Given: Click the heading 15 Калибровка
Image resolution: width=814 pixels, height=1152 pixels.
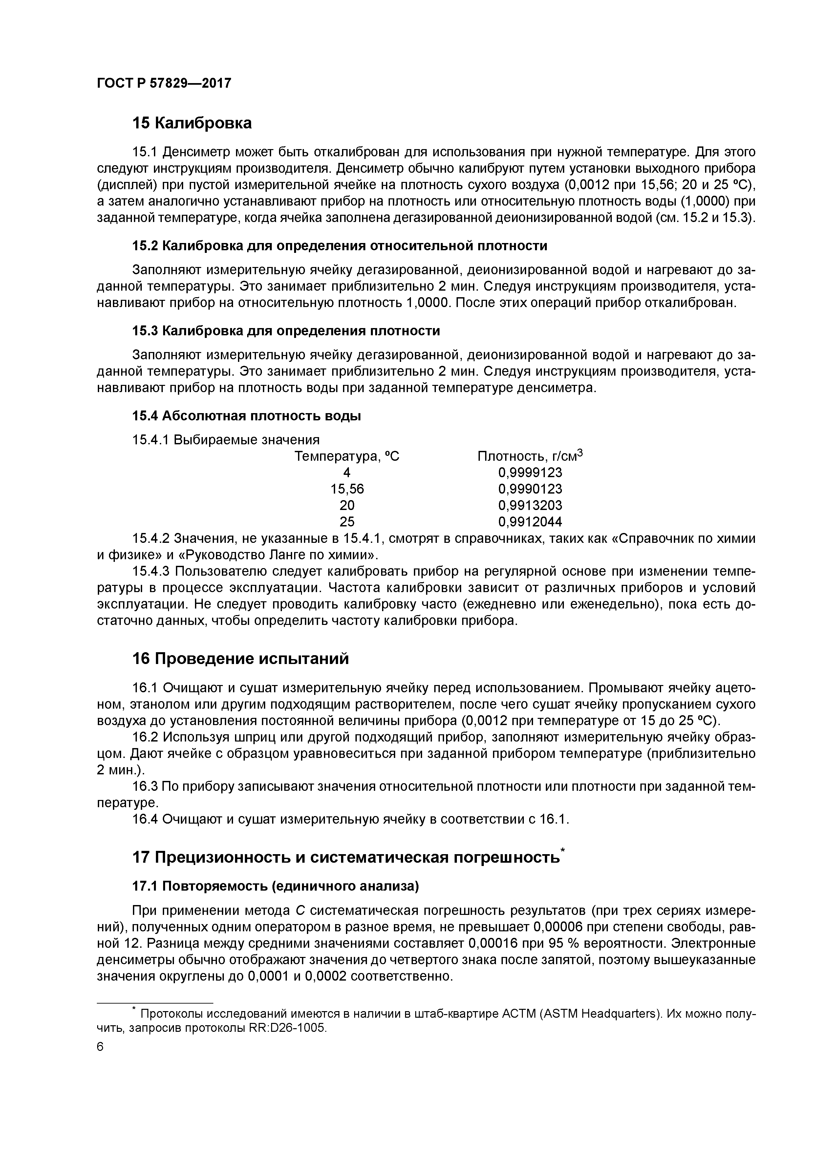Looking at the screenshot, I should [x=192, y=123].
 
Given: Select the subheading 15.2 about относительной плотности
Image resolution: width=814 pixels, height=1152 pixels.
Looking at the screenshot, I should [x=339, y=246].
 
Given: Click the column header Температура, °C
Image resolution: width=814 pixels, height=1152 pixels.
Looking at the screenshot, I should [x=347, y=456].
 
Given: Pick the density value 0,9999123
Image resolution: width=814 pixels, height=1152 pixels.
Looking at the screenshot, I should [x=530, y=473].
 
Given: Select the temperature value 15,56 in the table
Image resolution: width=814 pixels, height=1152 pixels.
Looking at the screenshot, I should [x=347, y=489].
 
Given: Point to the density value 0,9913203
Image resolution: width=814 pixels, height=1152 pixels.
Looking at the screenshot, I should [x=530, y=505].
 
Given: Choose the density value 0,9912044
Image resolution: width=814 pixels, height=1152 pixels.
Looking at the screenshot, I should [x=530, y=522].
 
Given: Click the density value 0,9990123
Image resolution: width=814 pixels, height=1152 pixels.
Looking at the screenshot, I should [x=530, y=489].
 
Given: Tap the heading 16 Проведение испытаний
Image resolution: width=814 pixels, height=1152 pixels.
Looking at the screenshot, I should [x=240, y=659].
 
